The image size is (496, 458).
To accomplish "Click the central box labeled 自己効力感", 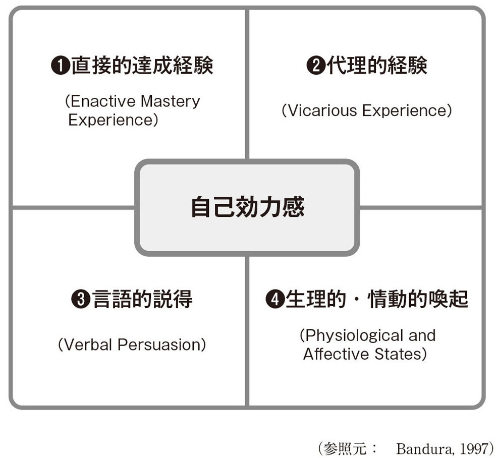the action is [x=247, y=207].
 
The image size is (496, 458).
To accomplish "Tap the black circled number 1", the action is [x=60, y=66].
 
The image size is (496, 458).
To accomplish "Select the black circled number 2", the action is [x=316, y=66].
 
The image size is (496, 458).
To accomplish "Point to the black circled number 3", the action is [x=81, y=299].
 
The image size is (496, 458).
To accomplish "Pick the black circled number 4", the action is [x=275, y=299].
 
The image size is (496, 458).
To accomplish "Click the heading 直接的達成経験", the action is [x=142, y=66].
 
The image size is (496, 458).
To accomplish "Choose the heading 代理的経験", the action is [x=377, y=66].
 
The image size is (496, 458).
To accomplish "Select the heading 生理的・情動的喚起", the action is [x=377, y=299].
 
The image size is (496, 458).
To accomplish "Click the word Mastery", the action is [x=170, y=102].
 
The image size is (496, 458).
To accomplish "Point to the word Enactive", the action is [x=103, y=101].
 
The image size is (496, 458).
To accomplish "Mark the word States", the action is [x=398, y=354].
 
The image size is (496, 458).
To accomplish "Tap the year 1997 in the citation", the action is [x=473, y=448].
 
